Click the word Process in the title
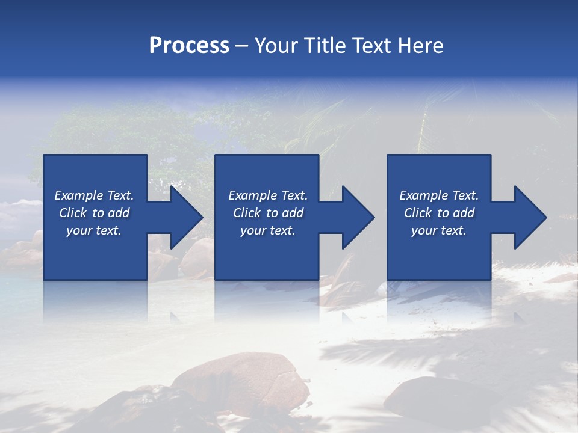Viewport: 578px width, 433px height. (x=189, y=46)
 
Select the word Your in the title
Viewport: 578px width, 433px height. (x=275, y=46)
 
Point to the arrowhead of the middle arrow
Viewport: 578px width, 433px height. (x=361, y=217)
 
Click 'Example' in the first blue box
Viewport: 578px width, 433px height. (x=78, y=195)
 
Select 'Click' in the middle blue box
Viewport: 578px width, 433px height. (x=246, y=213)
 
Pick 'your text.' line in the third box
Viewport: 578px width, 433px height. (x=438, y=230)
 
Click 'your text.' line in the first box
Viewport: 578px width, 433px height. (x=94, y=230)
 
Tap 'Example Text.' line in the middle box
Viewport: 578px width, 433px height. (x=267, y=195)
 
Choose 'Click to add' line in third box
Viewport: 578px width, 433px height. (x=438, y=213)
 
